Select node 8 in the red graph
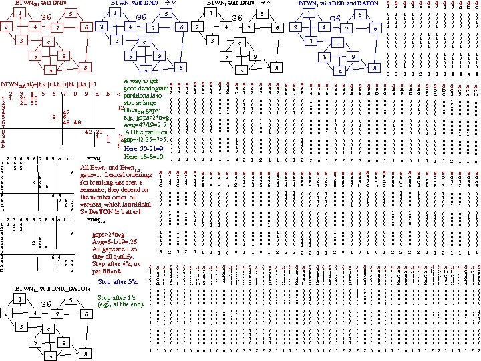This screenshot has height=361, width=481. pos(84,68)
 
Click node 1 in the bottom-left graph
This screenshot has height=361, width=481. pos(22,300)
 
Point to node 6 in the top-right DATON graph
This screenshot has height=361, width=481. pos(375,28)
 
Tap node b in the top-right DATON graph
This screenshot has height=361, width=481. pos(324,57)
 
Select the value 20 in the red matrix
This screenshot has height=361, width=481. pos(98,132)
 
